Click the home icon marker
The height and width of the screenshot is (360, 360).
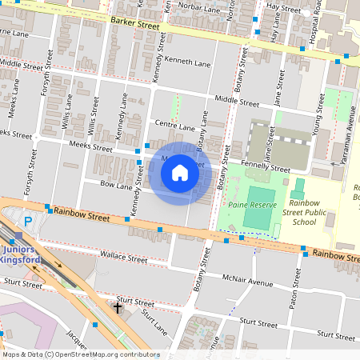tap(180, 173)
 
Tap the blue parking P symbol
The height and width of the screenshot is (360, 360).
tap(29, 222)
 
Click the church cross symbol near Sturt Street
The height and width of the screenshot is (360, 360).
tap(118, 307)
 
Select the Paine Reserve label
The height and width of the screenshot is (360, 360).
tap(252, 205)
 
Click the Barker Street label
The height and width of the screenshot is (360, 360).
tap(135, 24)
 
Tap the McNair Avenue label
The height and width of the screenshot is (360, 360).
tap(249, 282)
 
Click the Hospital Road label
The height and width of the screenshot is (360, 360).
tap(318, 22)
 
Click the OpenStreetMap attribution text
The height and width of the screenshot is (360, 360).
tap(80, 354)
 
